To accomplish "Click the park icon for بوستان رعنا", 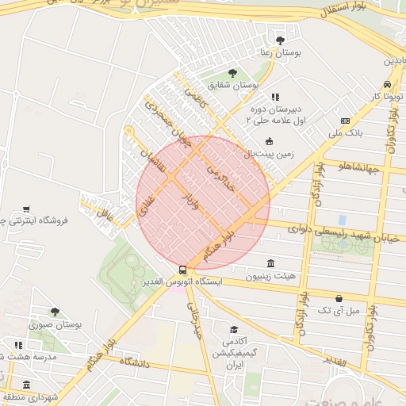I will click(x=279, y=40).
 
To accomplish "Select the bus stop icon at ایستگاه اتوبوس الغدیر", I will click(x=183, y=270).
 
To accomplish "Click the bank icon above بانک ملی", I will click(x=345, y=121).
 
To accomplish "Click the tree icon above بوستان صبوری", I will click(x=55, y=312).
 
